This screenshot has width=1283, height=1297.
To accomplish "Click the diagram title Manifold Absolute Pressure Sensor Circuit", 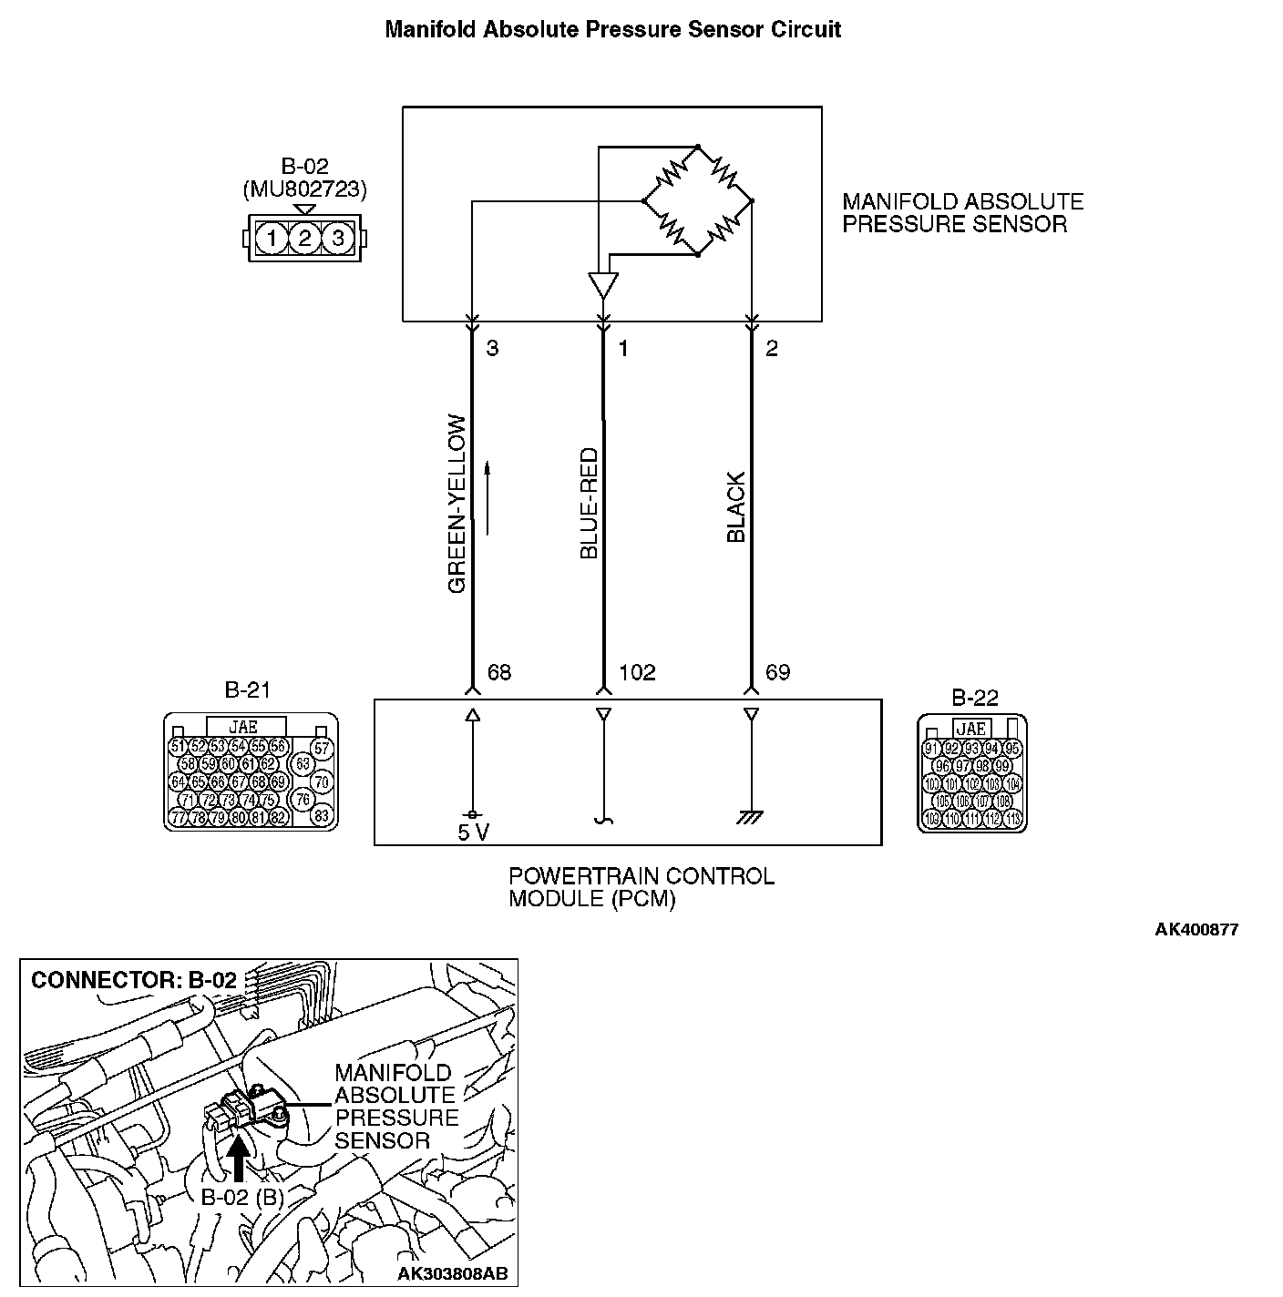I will click(612, 29).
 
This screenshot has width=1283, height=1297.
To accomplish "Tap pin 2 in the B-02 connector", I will click(304, 240).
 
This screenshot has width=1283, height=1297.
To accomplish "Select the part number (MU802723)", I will click(304, 189).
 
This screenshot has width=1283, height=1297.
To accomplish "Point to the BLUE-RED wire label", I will click(589, 503).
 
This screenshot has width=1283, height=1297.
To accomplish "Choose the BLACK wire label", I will click(736, 507).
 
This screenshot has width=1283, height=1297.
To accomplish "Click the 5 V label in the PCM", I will click(474, 832).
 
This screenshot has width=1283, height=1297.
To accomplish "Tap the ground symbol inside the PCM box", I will click(751, 818).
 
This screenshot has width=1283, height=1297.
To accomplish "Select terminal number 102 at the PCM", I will click(637, 673).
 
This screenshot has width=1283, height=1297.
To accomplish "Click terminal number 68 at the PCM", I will click(499, 673).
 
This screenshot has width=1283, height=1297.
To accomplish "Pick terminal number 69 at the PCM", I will click(777, 673).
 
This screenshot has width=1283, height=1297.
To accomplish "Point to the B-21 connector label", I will click(247, 690).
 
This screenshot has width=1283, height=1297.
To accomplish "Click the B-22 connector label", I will click(975, 698).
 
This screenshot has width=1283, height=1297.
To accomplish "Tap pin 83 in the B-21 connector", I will click(321, 816).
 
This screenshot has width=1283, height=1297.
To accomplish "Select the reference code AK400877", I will click(1196, 930).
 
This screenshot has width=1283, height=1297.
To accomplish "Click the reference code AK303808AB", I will click(452, 1272).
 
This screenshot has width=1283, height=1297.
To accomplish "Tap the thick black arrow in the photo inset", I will click(238, 1159).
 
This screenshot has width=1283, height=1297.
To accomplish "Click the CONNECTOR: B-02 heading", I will click(134, 980).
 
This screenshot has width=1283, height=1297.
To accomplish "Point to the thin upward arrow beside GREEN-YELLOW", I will click(488, 497).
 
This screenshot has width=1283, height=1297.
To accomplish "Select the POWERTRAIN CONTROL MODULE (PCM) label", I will click(641, 888).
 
